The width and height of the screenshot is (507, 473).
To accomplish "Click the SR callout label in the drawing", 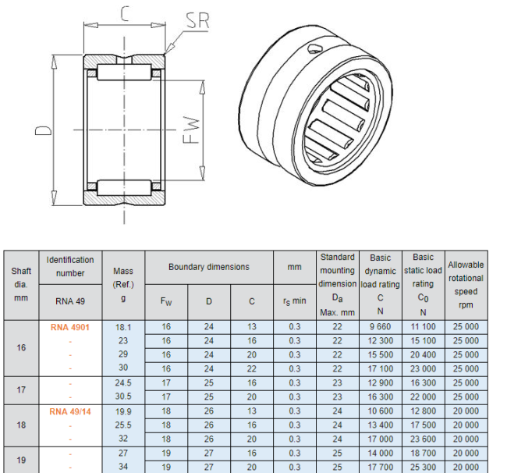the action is tap(197, 21).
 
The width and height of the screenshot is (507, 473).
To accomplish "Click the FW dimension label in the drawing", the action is tap(191, 130).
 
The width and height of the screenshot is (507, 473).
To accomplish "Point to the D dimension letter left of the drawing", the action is tap(43, 130).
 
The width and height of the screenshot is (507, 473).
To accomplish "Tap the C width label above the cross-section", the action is tap(125, 14).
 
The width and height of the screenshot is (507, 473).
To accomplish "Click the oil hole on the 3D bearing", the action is tap(314, 48).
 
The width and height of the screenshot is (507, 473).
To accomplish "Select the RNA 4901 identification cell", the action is tap(70, 327).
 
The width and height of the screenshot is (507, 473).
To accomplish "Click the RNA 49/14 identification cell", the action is tap(70, 411).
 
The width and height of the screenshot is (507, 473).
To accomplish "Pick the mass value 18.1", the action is tap(123, 327).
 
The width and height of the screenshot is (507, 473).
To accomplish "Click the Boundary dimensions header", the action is tap(209, 267).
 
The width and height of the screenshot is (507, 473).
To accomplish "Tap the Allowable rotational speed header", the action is tap(466, 285).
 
